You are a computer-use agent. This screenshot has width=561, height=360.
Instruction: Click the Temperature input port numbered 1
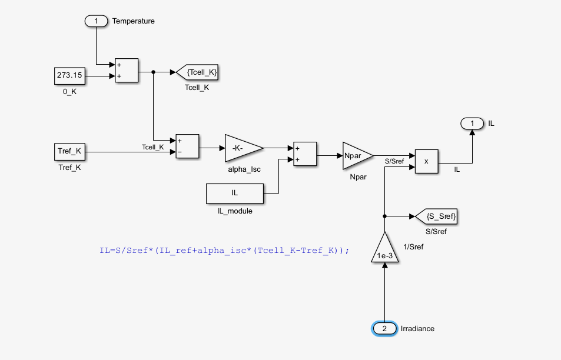pyautogui.click(x=97, y=21)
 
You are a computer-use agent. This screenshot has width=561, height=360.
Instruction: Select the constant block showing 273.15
pyautogui.click(x=70, y=75)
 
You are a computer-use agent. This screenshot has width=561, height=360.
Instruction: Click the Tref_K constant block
pyautogui.click(x=70, y=151)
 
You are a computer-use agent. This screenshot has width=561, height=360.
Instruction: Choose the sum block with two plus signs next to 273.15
pyautogui.click(x=127, y=70)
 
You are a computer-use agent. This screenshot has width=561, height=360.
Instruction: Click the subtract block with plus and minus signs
pyautogui.click(x=187, y=146)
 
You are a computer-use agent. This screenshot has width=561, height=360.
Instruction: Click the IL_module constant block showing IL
pyautogui.click(x=234, y=193)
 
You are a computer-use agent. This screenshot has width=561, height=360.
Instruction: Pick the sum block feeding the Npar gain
pyautogui.click(x=305, y=154)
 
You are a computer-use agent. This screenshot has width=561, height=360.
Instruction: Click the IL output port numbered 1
pyautogui.click(x=472, y=124)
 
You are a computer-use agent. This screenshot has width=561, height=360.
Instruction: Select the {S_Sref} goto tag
pyautogui.click(x=436, y=216)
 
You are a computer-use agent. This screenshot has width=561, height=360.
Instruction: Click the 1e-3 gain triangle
pyautogui.click(x=383, y=249)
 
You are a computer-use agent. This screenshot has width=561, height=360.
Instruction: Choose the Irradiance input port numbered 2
pyautogui.click(x=384, y=328)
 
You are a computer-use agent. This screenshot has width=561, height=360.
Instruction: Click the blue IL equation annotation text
pyautogui.click(x=224, y=250)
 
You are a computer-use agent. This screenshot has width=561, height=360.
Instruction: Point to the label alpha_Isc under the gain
pyautogui.click(x=244, y=169)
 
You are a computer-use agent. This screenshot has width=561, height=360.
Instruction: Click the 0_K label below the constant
pyautogui.click(x=70, y=91)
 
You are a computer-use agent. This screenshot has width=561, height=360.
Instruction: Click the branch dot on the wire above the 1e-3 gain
pyautogui.click(x=384, y=216)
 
